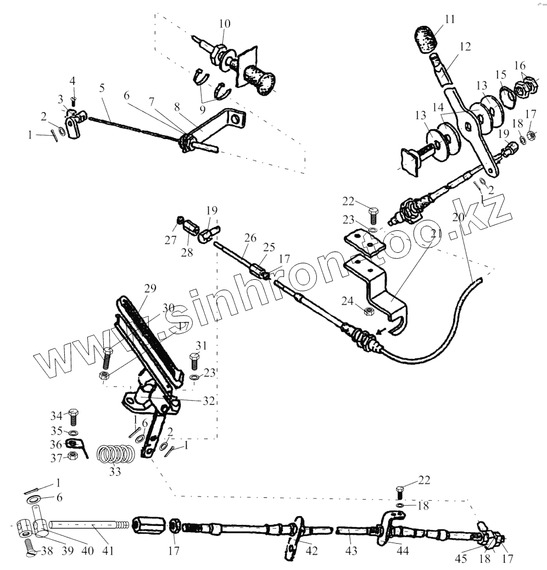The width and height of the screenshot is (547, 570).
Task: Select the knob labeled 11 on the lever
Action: (427, 39)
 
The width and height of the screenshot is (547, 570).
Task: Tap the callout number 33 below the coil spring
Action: (115, 471)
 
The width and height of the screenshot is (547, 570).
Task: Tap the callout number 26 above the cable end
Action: (250, 238)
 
